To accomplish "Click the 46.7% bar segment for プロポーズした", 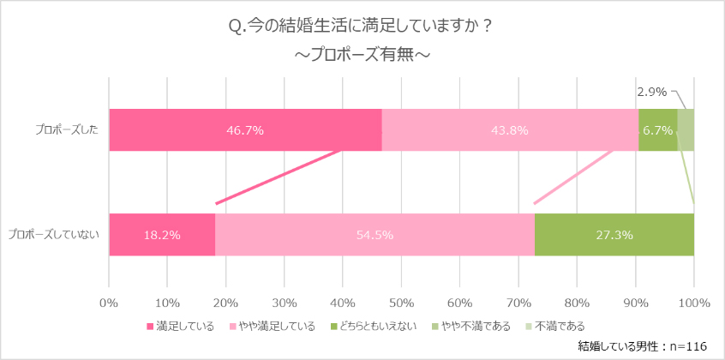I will (x=245, y=130).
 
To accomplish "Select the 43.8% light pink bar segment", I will (x=509, y=130).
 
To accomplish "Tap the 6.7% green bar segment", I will (x=657, y=130).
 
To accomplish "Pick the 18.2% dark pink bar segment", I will (x=162, y=235).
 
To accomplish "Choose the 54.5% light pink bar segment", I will (x=374, y=235).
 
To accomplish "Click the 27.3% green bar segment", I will (x=614, y=235).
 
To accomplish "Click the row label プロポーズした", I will (x=67, y=130).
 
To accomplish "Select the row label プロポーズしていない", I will (x=53, y=235).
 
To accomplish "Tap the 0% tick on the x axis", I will (x=109, y=302).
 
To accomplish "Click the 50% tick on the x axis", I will (x=401, y=302).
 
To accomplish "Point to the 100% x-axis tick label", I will (x=693, y=302).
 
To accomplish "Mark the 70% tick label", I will (x=518, y=302).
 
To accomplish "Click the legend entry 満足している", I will (x=185, y=326).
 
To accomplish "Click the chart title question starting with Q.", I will (x=362, y=27).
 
